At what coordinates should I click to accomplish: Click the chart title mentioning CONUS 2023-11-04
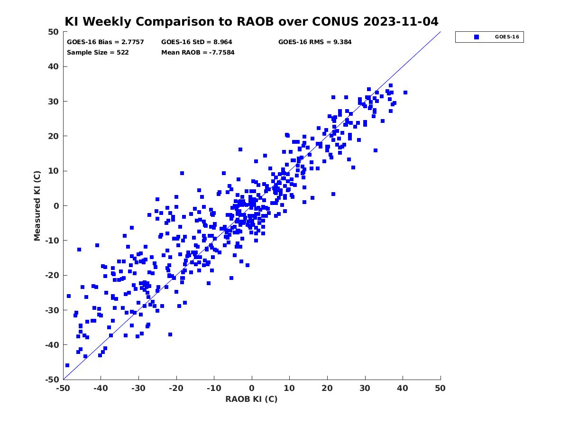251,21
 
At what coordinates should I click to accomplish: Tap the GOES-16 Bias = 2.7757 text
105,42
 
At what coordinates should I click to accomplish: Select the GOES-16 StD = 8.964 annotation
196,42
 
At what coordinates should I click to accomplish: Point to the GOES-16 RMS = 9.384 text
315,42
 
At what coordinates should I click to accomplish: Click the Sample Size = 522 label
98,52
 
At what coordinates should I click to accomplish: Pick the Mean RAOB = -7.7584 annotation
198,52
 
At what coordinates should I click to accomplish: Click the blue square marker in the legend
477,37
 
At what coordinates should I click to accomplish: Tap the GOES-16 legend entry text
507,37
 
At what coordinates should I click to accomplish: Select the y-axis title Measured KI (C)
37,205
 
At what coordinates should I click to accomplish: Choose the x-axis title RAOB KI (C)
251,399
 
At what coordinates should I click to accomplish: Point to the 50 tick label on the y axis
54,32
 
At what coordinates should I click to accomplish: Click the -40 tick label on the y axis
52,345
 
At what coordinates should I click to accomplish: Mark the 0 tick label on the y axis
56,206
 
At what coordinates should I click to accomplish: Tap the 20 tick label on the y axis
54,136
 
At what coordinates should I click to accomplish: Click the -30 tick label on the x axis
138,388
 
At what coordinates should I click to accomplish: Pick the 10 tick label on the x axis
289,388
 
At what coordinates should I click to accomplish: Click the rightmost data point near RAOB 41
405,93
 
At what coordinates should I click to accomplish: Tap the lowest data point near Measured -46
67,365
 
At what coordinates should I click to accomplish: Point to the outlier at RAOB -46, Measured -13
79,250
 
